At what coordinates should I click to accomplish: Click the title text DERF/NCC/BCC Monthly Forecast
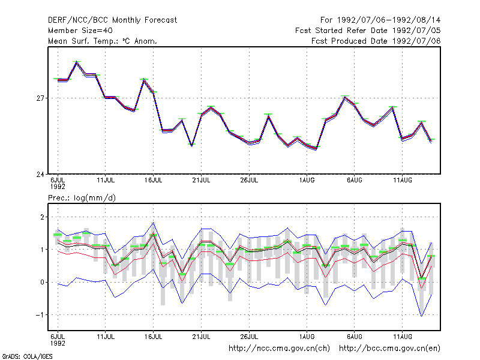pos(112,20)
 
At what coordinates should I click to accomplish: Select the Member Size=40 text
pos(80,31)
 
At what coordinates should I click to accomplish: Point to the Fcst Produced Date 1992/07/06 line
pos(376,41)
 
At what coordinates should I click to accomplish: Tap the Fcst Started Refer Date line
pos(368,31)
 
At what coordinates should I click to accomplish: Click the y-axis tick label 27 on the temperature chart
pos(40,98)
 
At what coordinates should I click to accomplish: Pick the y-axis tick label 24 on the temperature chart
pos(40,175)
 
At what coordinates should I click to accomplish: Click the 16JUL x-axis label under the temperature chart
pos(154,180)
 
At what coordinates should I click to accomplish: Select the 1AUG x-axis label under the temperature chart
pos(307,180)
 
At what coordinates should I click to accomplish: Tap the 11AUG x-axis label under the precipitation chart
pos(403,337)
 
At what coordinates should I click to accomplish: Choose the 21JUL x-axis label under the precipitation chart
pos(201,337)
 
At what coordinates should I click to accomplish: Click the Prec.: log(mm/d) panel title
pos(82,198)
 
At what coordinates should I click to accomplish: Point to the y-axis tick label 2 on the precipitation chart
pos(42,217)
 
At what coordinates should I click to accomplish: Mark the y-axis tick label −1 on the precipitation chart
pos(40,314)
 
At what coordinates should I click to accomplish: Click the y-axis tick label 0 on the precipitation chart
pos(42,282)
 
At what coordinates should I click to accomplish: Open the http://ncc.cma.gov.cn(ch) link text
pos(279,349)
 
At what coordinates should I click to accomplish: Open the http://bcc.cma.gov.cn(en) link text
pos(389,349)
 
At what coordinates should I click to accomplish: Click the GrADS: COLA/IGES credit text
pos(27,356)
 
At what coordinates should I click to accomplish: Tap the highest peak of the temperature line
pos(77,62)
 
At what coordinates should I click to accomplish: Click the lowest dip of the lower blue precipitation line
pos(422,316)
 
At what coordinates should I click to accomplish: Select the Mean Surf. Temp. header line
pos(103,41)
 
